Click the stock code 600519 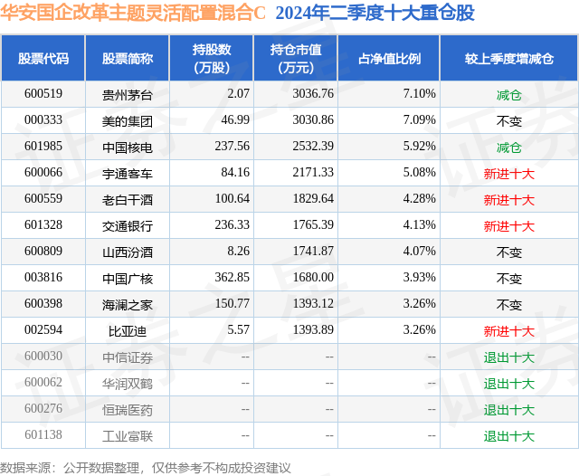(43, 94)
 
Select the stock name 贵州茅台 (127, 94)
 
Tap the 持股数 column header (211, 58)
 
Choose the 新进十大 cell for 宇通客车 (508, 173)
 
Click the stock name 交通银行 (127, 225)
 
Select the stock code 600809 (43, 252)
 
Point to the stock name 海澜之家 (127, 304)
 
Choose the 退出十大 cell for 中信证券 (508, 357)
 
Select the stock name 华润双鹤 (127, 384)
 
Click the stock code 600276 (43, 410)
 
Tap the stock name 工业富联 (127, 436)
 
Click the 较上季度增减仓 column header (508, 58)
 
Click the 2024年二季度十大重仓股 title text (375, 14)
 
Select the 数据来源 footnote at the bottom (146, 467)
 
